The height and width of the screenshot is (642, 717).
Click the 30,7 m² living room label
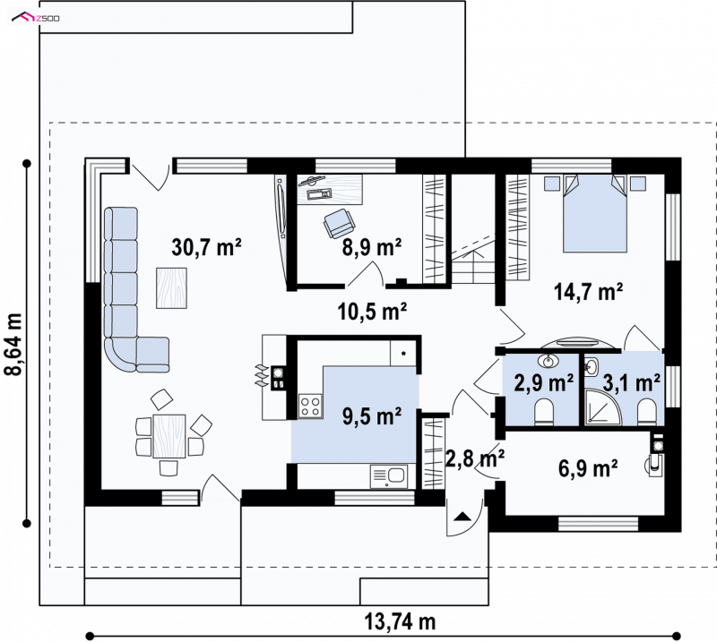tap(206, 247)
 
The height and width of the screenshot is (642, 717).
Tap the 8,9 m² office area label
tap(372, 247)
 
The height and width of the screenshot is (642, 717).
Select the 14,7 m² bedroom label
tap(588, 292)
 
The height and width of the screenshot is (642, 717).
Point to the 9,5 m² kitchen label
tap(372, 415)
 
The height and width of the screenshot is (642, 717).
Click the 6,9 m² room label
tap(588, 468)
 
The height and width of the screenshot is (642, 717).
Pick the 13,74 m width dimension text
tap(400, 621)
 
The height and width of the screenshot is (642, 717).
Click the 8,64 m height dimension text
tap(13, 344)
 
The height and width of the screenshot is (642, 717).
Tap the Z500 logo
tap(36, 18)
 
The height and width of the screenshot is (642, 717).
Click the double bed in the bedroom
tap(594, 213)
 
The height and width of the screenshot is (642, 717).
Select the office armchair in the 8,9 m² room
tap(339, 223)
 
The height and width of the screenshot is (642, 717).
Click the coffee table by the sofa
tap(171, 288)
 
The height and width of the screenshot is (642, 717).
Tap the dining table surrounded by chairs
tap(169, 436)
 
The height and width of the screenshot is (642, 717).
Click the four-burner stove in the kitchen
tap(310, 406)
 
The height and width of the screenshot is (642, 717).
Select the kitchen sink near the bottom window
tap(388, 476)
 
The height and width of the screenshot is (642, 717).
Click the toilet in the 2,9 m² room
tap(544, 411)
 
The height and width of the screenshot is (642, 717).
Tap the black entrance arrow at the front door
tap(462, 517)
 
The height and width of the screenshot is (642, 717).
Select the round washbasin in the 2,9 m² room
tap(549, 361)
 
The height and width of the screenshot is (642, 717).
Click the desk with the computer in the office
tap(330, 189)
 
